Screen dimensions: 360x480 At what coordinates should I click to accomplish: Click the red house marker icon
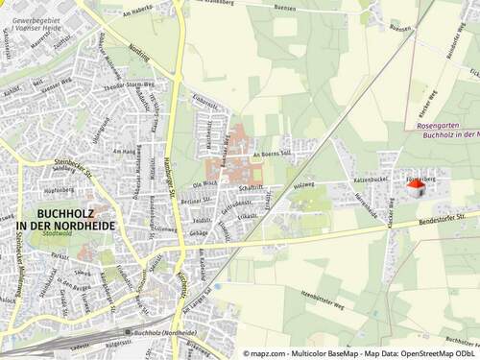416,188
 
